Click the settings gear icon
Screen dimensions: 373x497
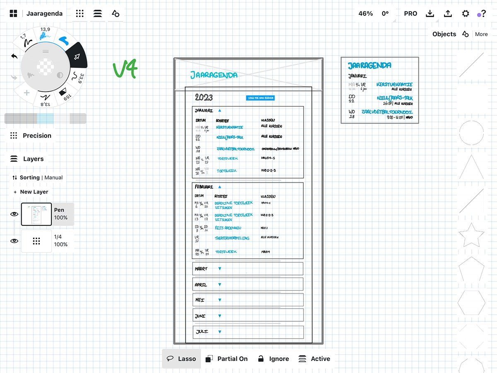pyautogui.click(x=466, y=14)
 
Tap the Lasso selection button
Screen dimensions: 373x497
pyautogui.click(x=181, y=359)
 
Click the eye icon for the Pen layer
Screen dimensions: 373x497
pyautogui.click(x=14, y=214)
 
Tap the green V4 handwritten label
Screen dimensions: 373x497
pyautogui.click(x=125, y=69)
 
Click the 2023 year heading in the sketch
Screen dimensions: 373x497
pyautogui.click(x=204, y=97)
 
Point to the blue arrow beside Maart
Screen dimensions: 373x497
pyautogui.click(x=220, y=269)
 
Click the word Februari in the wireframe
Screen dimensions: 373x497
pyautogui.click(x=204, y=187)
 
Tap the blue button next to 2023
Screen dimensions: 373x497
pyautogui.click(x=260, y=98)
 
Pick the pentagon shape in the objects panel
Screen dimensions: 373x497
pyautogui.click(x=471, y=270)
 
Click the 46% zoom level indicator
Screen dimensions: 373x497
pyautogui.click(x=365, y=14)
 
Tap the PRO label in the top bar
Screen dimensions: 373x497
pyautogui.click(x=410, y=14)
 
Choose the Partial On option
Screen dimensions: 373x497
pyautogui.click(x=227, y=359)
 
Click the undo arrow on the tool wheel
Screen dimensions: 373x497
pyautogui.click(x=14, y=56)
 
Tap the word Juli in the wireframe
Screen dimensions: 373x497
pyautogui.click(x=202, y=332)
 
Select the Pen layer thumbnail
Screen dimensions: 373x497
pyautogui.click(x=36, y=214)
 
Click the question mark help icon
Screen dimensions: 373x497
pyautogui.click(x=483, y=14)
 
